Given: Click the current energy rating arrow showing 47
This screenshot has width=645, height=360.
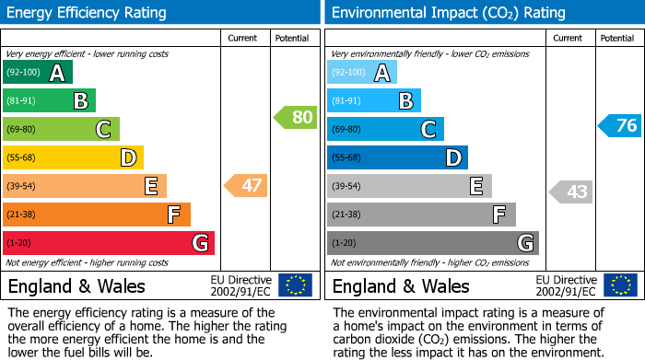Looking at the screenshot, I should [x=246, y=186].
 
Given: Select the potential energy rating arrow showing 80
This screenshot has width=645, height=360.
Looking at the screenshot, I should [x=295, y=118].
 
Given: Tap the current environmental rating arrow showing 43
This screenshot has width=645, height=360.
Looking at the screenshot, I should [x=570, y=192].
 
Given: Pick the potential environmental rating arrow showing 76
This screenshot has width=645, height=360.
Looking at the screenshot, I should [x=619, y=126].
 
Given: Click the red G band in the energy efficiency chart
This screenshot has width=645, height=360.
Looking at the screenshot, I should [x=109, y=243].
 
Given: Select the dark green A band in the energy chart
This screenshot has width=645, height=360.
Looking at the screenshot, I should [x=37, y=73].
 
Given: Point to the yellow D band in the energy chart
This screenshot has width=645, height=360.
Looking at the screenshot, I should [x=73, y=158].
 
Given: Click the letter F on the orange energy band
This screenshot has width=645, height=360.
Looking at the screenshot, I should [x=173, y=215].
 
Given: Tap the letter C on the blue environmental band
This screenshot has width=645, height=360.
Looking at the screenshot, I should [x=428, y=130].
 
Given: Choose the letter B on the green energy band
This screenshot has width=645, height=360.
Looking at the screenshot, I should [x=80, y=101].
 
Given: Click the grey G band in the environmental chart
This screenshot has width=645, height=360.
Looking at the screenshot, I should [x=432, y=243].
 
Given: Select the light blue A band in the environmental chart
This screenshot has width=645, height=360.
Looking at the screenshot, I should [x=361, y=73].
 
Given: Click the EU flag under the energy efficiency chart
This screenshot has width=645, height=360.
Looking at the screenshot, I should [x=295, y=285].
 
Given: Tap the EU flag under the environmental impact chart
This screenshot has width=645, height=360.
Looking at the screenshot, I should [x=619, y=285].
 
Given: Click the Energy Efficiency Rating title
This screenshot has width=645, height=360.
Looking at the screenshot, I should [x=88, y=13].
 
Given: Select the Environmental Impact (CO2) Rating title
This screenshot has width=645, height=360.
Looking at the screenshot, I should [x=448, y=13].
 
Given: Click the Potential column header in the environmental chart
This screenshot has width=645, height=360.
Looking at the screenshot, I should [x=617, y=38].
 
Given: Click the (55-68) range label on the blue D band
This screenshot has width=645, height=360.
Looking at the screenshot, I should [x=347, y=158].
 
